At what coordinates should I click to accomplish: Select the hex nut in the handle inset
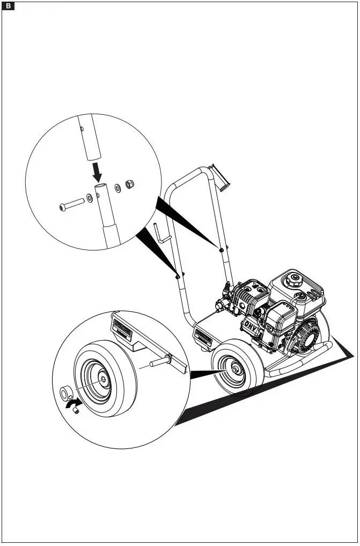coord(129,185)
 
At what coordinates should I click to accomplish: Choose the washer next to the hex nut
coord(117,188)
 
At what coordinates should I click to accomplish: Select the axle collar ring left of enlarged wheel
coord(67,393)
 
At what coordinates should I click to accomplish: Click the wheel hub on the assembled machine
coord(236,370)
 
